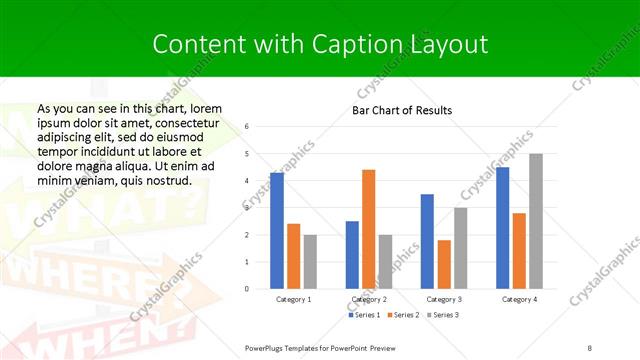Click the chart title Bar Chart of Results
click(x=402, y=110)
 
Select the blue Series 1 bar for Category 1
click(x=277, y=231)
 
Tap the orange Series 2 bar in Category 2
click(x=368, y=229)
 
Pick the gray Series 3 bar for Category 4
click(x=536, y=221)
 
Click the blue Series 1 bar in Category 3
click(x=427, y=241)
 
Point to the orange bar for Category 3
click(x=444, y=264)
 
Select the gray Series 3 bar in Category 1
click(x=311, y=262)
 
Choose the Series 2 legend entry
click(x=405, y=315)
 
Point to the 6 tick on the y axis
click(x=246, y=127)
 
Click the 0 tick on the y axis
click(x=246, y=289)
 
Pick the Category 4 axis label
click(x=519, y=299)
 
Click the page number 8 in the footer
click(x=589, y=346)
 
